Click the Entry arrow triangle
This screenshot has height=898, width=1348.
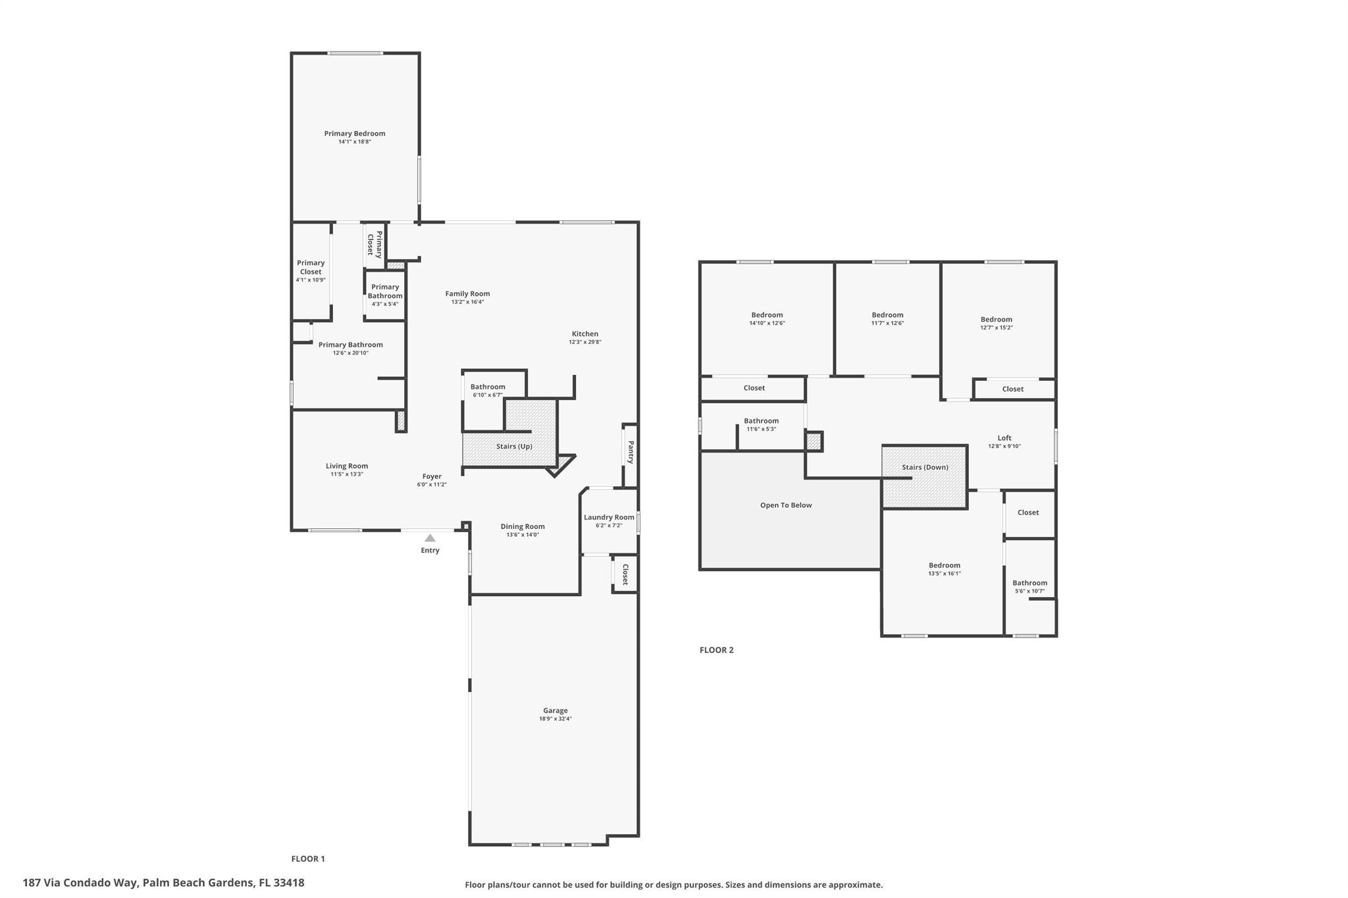coord(430,538)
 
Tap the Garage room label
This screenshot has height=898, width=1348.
coord(556,711)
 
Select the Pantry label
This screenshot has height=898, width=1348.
coord(631,452)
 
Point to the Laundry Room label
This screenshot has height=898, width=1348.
coord(609,517)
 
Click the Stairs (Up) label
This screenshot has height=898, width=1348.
coord(514,446)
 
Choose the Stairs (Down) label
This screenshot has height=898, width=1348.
coord(925,467)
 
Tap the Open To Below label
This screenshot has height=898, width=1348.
coord(786,505)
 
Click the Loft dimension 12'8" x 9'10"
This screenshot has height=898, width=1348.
coord(1004,446)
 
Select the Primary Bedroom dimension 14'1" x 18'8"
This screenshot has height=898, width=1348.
coord(355,141)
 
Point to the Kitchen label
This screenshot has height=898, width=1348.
coord(585,334)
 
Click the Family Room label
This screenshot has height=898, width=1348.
coord(467,294)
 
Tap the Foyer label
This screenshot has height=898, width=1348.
coord(432,476)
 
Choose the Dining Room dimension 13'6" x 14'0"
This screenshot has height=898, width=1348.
coord(523,535)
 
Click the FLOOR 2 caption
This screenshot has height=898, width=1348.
coord(716,650)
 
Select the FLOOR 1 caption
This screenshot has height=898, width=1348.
coord(308,859)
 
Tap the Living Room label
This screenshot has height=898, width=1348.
coord(347,466)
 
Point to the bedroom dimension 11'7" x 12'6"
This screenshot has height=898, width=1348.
coord(887,323)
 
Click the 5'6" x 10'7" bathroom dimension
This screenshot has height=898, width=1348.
coord(1029,591)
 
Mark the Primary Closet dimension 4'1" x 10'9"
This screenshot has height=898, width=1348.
coord(311,280)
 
